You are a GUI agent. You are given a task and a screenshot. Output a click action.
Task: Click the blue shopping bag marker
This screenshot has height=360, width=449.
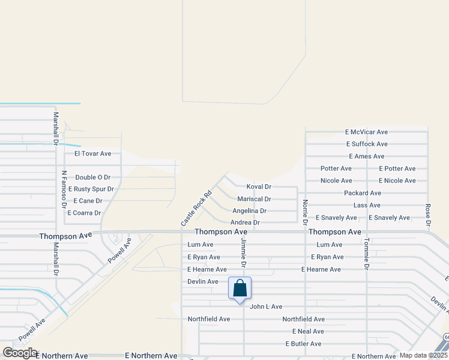point(240,289)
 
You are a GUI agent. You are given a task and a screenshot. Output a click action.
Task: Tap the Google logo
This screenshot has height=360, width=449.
point(20,353)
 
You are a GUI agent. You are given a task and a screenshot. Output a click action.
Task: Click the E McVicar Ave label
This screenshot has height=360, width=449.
point(366,132)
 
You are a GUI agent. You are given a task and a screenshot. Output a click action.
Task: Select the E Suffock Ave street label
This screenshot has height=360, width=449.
point(367,144)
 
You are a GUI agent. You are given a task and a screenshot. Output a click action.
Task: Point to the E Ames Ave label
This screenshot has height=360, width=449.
point(365,157)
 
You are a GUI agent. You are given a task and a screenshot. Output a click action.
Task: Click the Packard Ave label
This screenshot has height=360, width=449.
point(363,193)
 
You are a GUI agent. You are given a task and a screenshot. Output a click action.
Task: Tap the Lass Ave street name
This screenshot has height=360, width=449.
point(367,205)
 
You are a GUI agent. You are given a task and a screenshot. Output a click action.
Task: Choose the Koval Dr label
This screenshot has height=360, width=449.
point(259,187)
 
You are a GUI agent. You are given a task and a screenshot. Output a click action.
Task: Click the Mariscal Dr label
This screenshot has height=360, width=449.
point(254,199)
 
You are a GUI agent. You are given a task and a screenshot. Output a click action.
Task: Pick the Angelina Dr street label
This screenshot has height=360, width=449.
point(249,211)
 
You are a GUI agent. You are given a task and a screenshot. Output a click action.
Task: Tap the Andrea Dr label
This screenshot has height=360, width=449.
point(245,223)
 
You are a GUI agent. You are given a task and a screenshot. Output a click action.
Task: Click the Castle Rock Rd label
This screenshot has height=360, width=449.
point(197,208)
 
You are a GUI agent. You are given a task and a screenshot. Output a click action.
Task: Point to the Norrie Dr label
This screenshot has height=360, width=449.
point(306,212)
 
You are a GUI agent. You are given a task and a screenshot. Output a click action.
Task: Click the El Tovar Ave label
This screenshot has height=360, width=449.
point(93,154)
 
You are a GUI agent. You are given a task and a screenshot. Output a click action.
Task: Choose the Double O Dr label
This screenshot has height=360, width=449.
point(93,178)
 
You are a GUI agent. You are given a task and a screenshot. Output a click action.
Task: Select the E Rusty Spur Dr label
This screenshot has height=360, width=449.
point(91,189)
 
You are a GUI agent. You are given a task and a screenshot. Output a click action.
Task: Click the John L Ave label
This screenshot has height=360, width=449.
point(266,307)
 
